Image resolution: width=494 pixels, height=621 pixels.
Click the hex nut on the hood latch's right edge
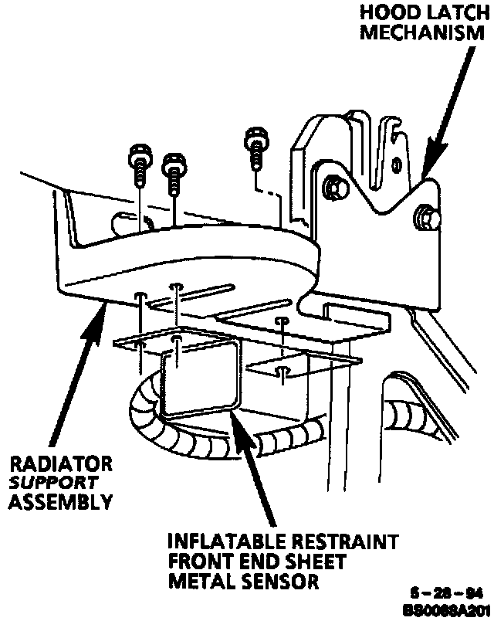428,218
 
